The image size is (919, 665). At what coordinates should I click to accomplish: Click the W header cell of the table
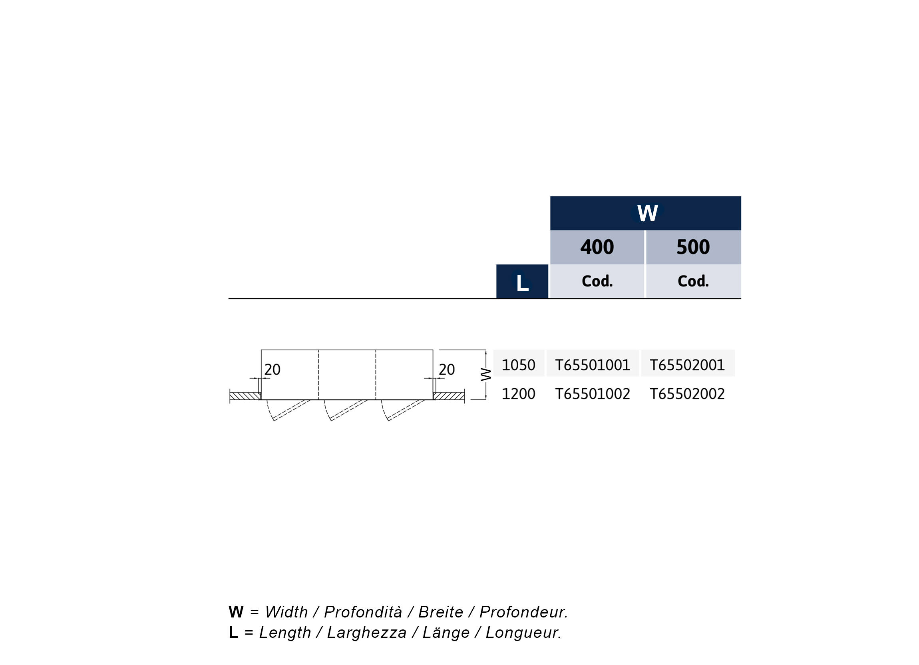coord(645,213)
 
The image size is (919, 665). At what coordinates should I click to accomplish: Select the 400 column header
coord(597,247)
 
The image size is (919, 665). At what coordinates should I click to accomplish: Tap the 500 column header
coord(693,247)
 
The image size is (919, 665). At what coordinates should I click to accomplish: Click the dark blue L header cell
coord(522,282)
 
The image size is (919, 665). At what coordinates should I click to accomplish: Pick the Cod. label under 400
coord(597,281)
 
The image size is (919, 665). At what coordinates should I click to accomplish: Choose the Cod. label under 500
coord(693,281)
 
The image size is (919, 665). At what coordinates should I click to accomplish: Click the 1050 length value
coord(518,365)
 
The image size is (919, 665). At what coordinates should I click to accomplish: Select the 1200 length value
coord(518,394)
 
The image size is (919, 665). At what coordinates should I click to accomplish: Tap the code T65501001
coord(593,365)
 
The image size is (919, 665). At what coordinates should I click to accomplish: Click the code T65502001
coord(687,365)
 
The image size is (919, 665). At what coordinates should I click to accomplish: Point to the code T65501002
coord(593,394)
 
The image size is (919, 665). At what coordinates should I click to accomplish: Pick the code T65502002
coord(687,394)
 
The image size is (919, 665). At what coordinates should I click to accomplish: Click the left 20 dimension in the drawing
coord(272,369)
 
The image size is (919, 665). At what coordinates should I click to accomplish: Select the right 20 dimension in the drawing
coord(447,369)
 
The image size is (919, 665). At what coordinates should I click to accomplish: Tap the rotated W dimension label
coord(485,375)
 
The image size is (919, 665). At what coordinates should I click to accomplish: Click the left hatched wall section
coord(245,396)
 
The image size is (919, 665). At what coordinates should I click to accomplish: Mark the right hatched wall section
coord(449,396)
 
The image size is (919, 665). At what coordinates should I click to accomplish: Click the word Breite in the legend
coord(440,612)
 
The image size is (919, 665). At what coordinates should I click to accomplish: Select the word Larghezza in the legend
coord(367,632)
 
